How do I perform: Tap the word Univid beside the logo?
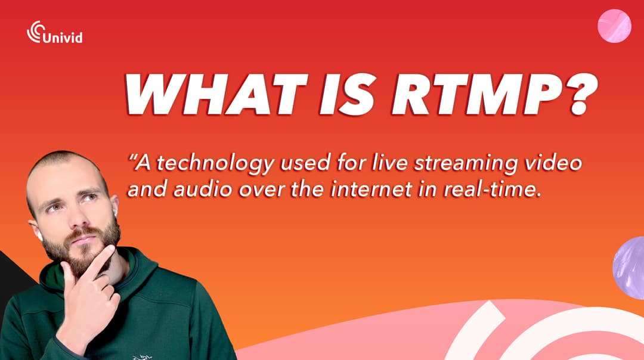(63, 38)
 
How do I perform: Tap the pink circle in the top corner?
(614, 27)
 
